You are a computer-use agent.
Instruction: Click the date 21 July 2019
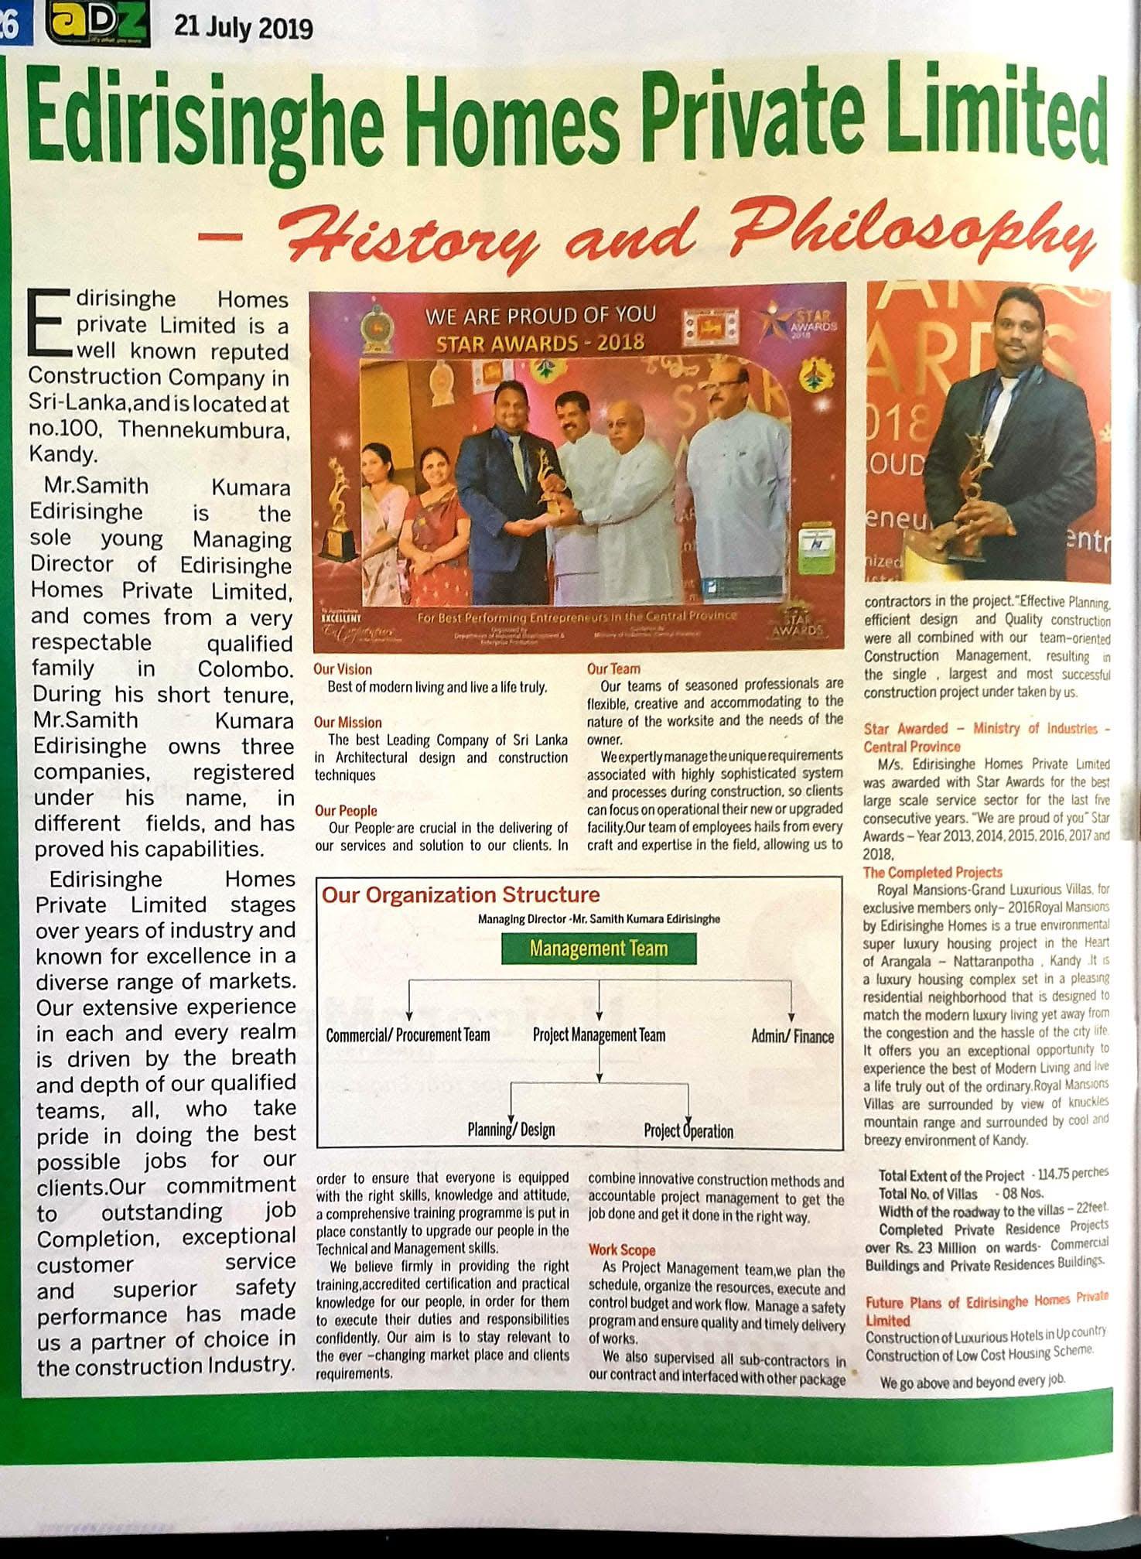(x=243, y=29)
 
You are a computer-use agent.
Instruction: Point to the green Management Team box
(x=598, y=949)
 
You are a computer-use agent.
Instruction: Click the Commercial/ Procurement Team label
(x=408, y=1035)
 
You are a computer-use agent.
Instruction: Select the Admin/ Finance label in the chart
(x=792, y=1036)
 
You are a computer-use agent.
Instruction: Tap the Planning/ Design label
(x=511, y=1130)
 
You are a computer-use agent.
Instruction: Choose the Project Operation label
(x=688, y=1131)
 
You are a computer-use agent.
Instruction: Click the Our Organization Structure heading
(x=460, y=895)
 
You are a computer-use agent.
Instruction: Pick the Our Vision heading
(x=343, y=669)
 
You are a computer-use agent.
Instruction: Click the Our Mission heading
(x=347, y=723)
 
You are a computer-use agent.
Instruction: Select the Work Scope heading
(x=621, y=1250)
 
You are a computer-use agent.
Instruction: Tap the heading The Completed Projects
(x=932, y=872)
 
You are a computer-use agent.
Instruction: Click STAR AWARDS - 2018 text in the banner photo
(x=540, y=342)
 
